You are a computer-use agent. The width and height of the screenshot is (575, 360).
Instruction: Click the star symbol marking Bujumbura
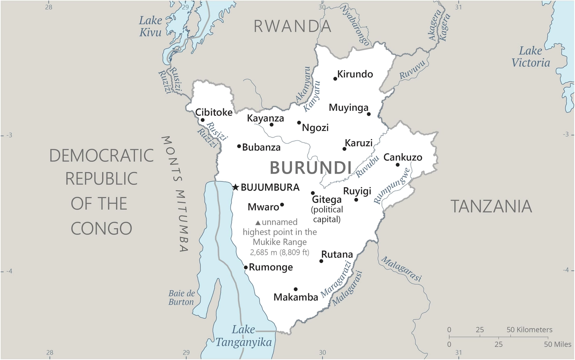[x=235, y=187]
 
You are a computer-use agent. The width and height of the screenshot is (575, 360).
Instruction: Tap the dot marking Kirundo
[x=335, y=78]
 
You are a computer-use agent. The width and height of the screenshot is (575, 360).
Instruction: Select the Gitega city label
[x=327, y=199]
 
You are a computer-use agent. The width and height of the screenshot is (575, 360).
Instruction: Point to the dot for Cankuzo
[x=398, y=165]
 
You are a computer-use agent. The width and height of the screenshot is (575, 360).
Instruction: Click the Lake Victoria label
[x=530, y=57]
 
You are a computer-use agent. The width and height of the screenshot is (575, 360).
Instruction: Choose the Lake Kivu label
[x=150, y=26]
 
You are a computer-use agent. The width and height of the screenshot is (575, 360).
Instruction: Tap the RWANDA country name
[x=292, y=26]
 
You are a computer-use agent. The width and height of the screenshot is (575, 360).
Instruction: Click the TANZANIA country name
[x=491, y=206]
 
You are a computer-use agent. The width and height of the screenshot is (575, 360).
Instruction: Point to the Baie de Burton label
[x=181, y=298]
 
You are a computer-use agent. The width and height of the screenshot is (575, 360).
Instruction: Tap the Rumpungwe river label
[x=392, y=186]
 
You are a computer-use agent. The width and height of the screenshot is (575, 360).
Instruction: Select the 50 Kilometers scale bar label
[x=529, y=330]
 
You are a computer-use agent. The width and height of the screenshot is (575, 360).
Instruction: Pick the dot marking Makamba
[x=295, y=289]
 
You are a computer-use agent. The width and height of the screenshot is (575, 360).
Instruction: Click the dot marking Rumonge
[x=246, y=267]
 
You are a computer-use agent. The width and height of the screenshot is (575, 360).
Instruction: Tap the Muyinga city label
[x=348, y=108]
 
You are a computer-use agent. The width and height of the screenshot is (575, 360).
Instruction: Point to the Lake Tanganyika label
[x=244, y=336]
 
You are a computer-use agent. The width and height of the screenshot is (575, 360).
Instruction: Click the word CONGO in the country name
[x=101, y=228]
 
